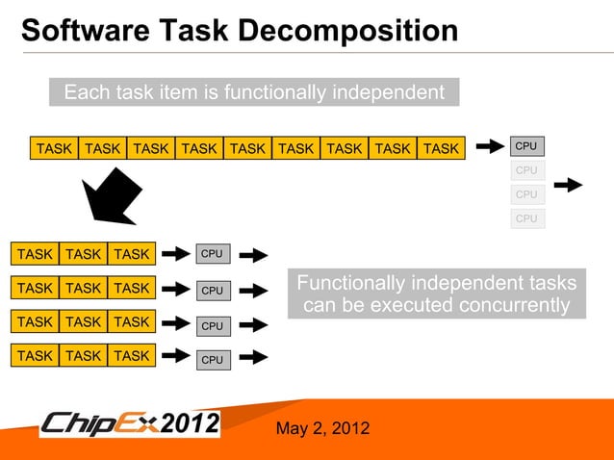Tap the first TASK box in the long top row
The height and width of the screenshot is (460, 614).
coord(54,148)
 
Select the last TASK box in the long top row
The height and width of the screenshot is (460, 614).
coord(441,148)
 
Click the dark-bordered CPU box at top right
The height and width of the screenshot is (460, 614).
coord(526,146)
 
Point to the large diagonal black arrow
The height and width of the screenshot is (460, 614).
coord(112,196)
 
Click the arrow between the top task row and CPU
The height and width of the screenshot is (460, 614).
coord(490,147)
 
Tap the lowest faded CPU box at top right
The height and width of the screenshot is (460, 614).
coord(526,218)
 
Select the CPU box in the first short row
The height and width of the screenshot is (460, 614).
coord(212,254)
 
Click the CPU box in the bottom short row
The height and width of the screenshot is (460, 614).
coord(212,360)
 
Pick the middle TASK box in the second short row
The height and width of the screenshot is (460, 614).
coord(84,288)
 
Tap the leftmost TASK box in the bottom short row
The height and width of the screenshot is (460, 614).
coord(35,355)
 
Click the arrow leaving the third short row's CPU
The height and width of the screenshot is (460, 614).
coord(252,325)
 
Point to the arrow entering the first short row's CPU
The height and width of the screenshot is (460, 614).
coord(175,254)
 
